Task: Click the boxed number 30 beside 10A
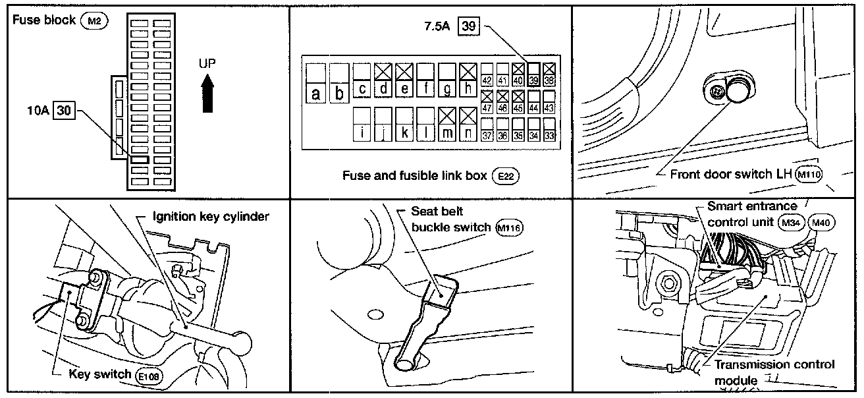pyautogui.click(x=64, y=111)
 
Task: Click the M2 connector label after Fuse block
pyautogui.click(x=94, y=20)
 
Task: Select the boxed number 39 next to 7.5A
pyautogui.click(x=468, y=28)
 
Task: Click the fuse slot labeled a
pyautogui.click(x=317, y=82)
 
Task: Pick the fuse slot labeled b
pyautogui.click(x=339, y=82)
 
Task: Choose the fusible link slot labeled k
pyautogui.click(x=405, y=123)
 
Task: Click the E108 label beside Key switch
pyautogui.click(x=148, y=376)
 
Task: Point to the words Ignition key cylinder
pyautogui.click(x=211, y=217)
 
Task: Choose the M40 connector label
pyautogui.click(x=821, y=223)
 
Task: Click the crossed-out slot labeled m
pyautogui.click(x=447, y=123)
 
